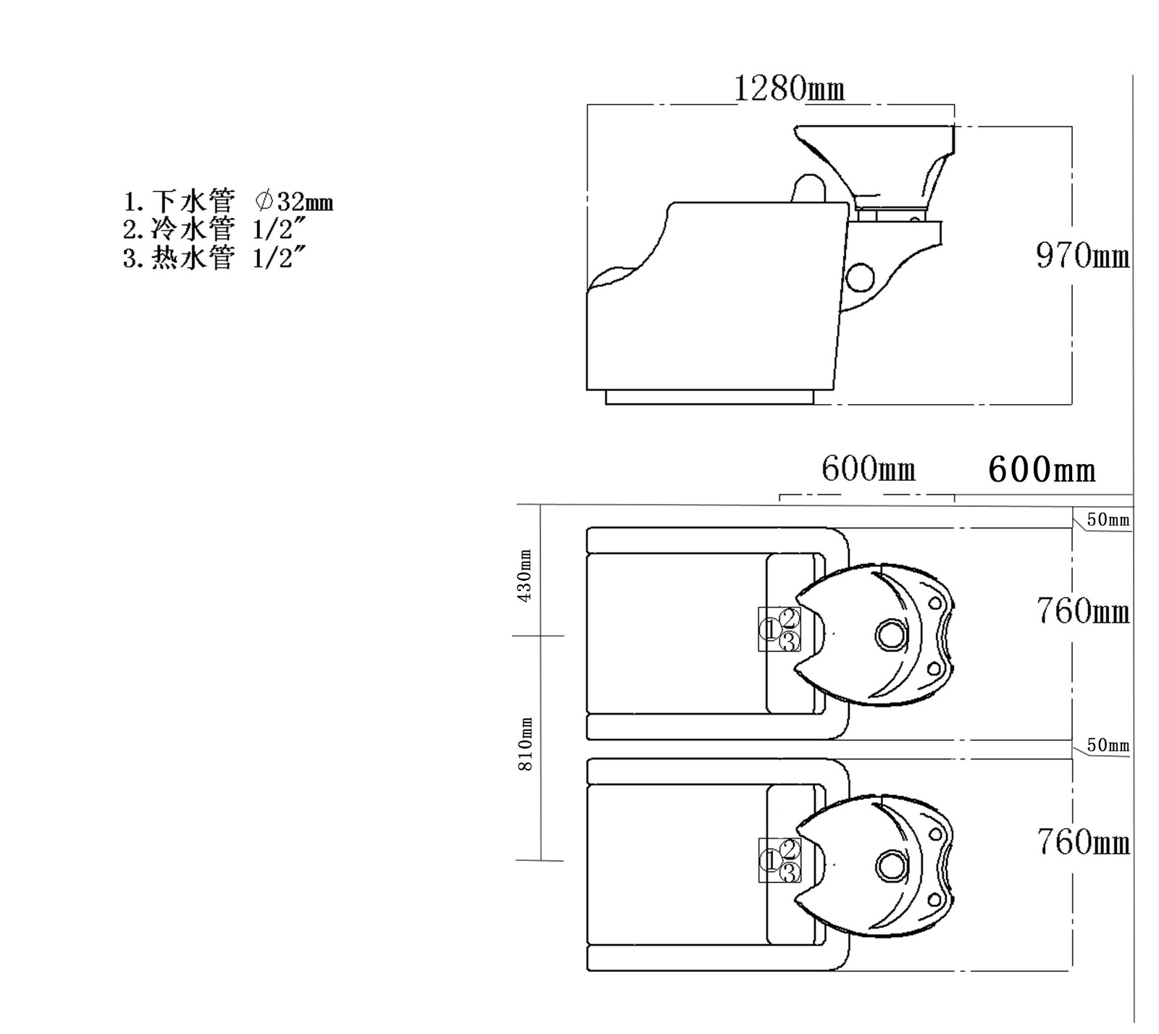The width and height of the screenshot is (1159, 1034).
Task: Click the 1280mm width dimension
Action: pos(789,89)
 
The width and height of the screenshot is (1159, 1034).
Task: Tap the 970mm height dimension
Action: pos(1082,256)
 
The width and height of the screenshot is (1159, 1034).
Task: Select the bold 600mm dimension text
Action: pos(1041,470)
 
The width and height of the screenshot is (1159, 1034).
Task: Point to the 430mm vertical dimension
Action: pos(526,575)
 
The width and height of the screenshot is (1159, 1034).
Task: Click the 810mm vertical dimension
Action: pos(526,744)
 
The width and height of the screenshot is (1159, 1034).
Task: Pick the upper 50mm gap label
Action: pos(1108,520)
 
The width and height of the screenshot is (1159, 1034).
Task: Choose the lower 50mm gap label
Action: pos(1108,745)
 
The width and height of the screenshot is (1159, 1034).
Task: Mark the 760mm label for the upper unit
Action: pos(1082,611)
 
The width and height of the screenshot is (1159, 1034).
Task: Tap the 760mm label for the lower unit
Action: pos(1082,842)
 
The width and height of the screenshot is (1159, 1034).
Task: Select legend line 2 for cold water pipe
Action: pos(212,230)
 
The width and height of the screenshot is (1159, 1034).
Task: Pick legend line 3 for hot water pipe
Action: pos(212,258)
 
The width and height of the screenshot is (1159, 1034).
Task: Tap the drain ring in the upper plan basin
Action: pos(890,634)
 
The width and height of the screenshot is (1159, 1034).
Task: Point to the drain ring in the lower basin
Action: pos(890,865)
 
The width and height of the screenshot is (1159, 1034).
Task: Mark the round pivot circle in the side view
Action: pos(861,275)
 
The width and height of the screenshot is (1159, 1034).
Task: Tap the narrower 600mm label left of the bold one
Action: pos(868,470)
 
